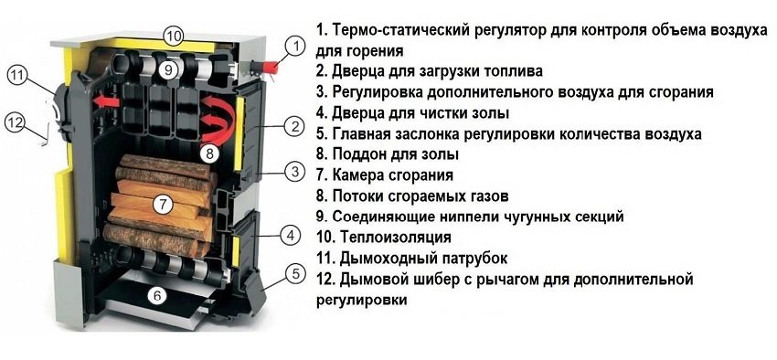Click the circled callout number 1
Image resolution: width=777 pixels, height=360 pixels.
293,45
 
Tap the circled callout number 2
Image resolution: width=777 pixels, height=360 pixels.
293,125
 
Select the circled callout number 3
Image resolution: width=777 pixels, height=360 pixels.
293,171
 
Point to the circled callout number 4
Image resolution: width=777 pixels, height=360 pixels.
291,236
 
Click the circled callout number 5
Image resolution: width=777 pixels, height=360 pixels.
293,271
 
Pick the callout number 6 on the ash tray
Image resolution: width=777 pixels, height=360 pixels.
156,295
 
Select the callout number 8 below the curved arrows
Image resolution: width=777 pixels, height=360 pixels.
208,153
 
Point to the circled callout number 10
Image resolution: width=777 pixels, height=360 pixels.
173,36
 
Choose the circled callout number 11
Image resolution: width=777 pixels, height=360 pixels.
18,76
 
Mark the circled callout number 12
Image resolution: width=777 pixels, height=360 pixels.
13,121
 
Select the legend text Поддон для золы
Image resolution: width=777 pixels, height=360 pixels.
395,154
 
